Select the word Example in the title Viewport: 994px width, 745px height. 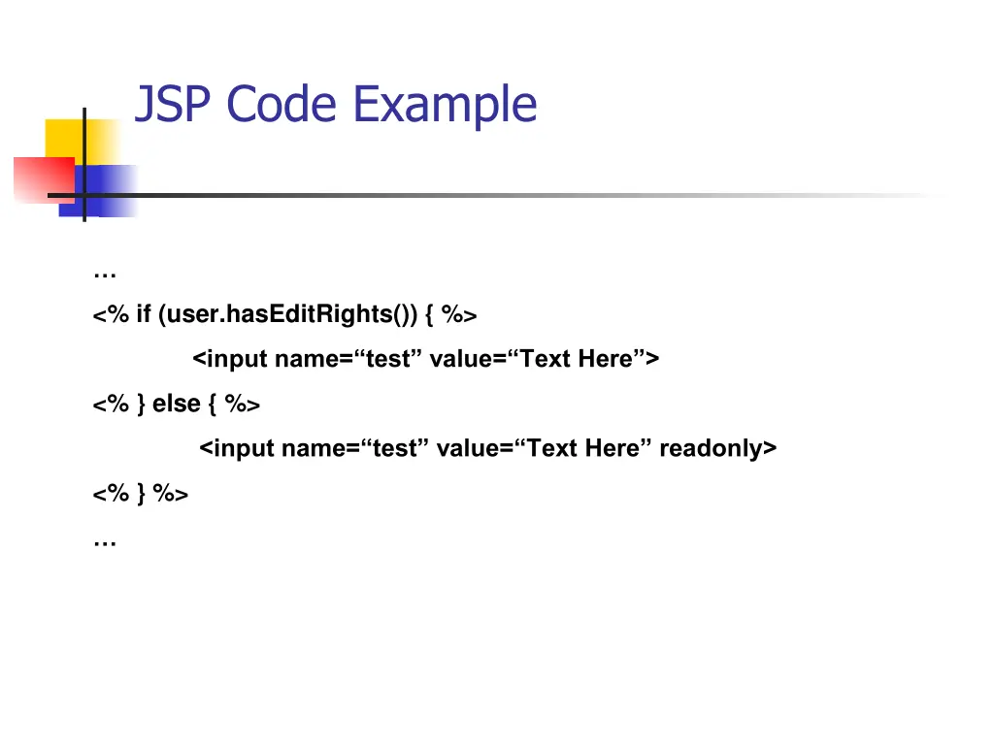click(445, 104)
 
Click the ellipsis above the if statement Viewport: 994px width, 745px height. click(105, 275)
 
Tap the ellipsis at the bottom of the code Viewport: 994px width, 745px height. click(105, 542)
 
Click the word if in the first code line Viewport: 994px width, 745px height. click(144, 314)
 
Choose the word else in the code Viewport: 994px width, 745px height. click(177, 404)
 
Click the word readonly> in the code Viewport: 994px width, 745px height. click(718, 448)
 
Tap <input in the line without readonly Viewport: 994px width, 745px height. click(231, 359)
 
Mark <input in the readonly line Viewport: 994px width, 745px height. click(238, 448)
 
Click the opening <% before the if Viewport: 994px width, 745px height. click(111, 314)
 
